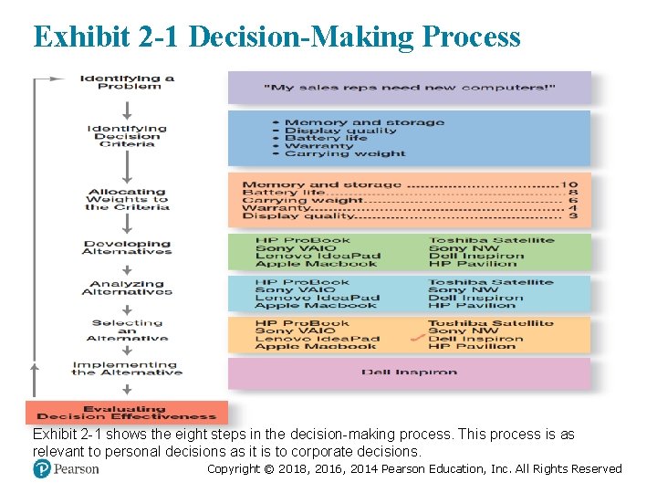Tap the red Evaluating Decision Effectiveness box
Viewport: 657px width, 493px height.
[126, 413]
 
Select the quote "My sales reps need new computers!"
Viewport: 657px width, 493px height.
[409, 89]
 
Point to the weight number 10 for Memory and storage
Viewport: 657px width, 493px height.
[570, 185]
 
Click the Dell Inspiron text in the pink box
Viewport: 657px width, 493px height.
[409, 372]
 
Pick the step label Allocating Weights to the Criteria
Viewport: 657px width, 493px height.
[128, 199]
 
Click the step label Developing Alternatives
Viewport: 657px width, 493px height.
[127, 247]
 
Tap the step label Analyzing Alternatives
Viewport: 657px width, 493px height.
[127, 288]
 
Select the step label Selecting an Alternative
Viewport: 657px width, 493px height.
[127, 330]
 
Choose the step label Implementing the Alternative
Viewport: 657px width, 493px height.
[127, 368]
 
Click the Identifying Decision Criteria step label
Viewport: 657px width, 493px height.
[127, 136]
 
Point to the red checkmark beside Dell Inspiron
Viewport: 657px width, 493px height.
[417, 339]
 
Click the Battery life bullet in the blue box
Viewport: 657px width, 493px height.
[326, 138]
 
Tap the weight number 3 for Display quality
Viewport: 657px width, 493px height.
[572, 216]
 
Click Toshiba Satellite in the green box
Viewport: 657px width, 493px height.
[491, 241]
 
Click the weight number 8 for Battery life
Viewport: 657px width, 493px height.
[572, 194]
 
